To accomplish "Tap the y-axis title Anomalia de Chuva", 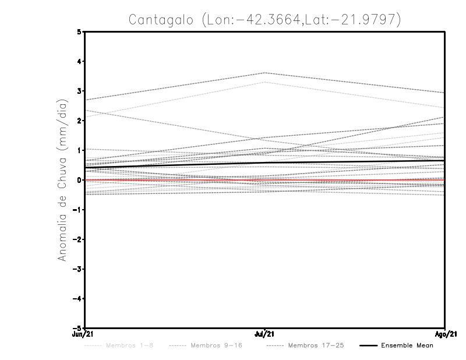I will [x=61, y=179].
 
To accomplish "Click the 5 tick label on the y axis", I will [x=79, y=32].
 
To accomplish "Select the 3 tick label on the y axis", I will [x=79, y=91].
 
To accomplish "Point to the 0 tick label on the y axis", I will [x=79, y=180].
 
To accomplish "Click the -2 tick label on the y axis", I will [x=77, y=239].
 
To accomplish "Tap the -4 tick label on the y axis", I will [x=77, y=299].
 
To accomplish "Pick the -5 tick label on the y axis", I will [x=77, y=329].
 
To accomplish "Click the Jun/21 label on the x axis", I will [x=84, y=334].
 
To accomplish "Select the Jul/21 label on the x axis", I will [x=265, y=334].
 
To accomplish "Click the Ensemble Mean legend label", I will [x=407, y=346].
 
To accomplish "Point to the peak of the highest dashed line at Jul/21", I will [x=265, y=73].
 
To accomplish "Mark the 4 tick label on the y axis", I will [x=79, y=62].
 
